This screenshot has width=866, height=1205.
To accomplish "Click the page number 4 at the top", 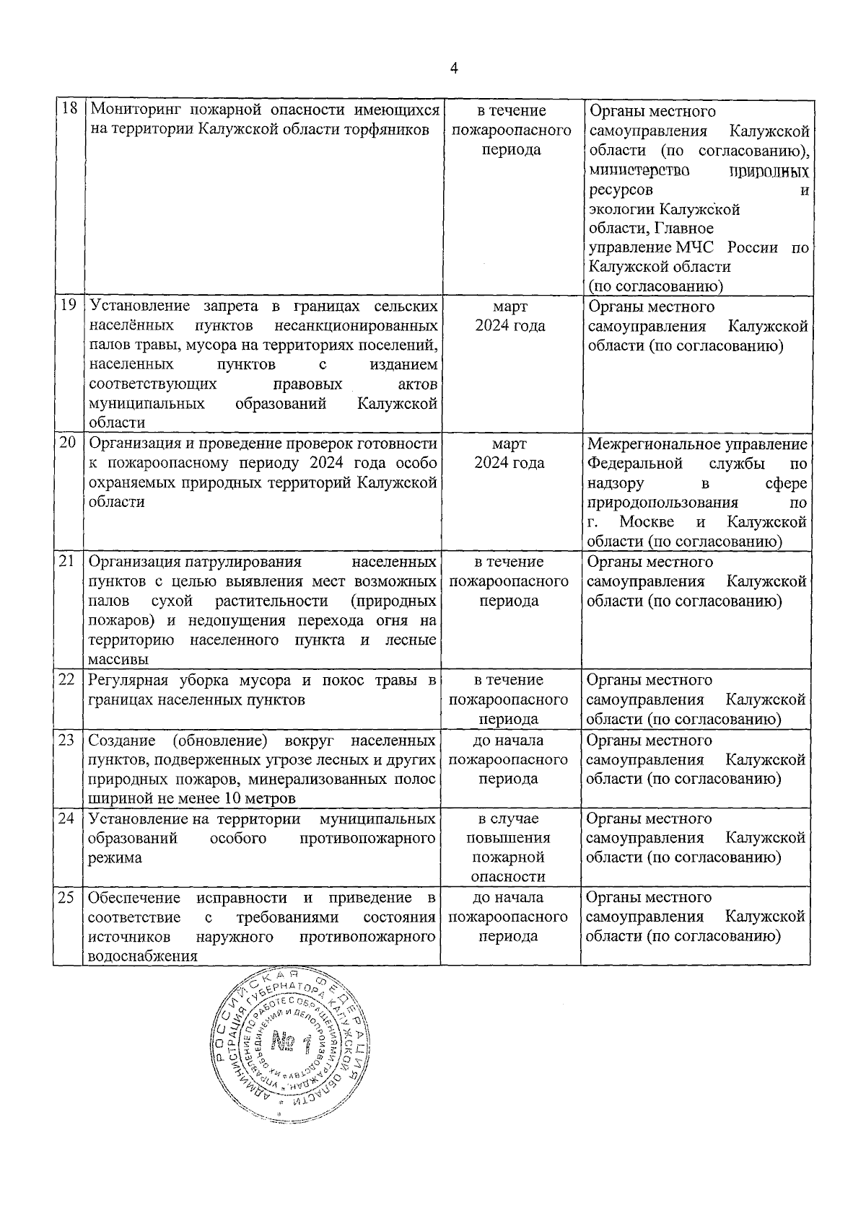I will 453,69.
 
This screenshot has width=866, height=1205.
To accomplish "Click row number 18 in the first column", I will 68,110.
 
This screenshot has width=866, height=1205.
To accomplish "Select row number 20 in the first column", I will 68,443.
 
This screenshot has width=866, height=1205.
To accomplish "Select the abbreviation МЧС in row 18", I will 696,247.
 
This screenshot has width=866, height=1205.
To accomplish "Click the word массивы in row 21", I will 118,660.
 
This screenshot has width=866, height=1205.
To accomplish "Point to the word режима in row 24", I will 114,858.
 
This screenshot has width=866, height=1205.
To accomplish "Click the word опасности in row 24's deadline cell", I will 508,877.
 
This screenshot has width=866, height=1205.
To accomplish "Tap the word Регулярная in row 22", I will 128,680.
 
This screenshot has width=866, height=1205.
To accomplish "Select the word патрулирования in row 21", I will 248,562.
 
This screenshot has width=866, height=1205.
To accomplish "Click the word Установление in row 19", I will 138,306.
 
